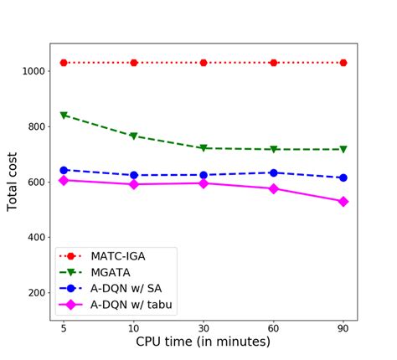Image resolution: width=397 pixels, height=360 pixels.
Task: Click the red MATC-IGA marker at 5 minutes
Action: (x=64, y=63)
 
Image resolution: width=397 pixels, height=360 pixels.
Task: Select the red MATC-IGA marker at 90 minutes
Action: (x=343, y=63)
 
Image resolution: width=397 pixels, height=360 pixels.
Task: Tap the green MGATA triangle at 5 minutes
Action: (x=64, y=116)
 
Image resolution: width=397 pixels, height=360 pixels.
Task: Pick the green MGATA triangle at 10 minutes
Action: (x=134, y=136)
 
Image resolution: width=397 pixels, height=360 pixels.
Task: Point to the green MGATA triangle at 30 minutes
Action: (x=204, y=148)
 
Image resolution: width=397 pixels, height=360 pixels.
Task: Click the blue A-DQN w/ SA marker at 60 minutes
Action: (x=274, y=172)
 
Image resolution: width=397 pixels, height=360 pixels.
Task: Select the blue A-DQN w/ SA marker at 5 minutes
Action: (x=64, y=170)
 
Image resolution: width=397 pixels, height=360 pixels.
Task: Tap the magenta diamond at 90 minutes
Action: (x=343, y=202)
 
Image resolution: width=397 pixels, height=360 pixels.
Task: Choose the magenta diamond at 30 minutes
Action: (x=204, y=183)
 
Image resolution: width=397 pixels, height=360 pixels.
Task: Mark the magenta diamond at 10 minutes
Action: (x=134, y=184)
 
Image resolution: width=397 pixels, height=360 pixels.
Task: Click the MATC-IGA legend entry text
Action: (x=121, y=255)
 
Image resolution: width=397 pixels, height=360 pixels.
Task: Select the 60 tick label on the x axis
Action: (x=274, y=327)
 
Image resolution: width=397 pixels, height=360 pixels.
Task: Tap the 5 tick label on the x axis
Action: (x=64, y=327)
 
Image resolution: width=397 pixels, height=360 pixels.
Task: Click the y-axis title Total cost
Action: (x=13, y=181)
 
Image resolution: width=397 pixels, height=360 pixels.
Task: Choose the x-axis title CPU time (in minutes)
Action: (x=204, y=342)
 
